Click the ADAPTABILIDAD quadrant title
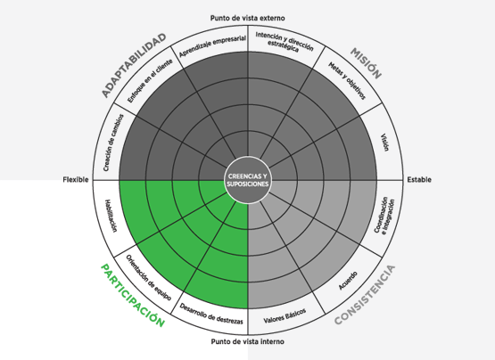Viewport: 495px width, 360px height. pos(134,65)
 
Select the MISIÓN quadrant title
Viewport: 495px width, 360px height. pos(366,63)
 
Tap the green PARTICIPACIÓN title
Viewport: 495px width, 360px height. pos(133,296)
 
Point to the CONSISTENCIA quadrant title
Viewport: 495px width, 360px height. pos(365,295)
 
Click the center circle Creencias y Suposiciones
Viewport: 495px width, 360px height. pos(248,180)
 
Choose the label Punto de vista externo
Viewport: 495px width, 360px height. pos(248,18)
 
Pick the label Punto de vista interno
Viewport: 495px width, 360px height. pos(248,341)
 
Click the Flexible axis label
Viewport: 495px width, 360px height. pos(76,180)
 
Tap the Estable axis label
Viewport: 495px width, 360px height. pos(419,180)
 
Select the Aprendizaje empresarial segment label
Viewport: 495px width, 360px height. pos(212,46)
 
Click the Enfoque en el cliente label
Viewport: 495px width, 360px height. pos(150,81)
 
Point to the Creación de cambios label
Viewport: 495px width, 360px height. pos(113,143)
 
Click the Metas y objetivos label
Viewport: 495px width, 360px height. pos(347,81)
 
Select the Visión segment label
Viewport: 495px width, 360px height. pos(384,143)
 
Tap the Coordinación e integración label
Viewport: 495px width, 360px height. pos(384,215)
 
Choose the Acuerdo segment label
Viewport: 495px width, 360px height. pos(348,281)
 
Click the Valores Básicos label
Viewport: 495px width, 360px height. pos(285,315)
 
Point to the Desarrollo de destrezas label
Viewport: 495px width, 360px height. pos(211,314)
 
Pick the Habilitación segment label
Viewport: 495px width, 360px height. pos(111,216)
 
